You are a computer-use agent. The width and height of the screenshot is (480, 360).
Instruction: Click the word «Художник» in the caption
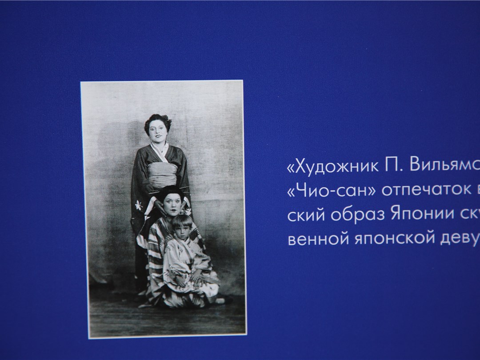(332, 167)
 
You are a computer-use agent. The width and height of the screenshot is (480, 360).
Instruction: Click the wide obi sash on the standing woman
(163, 175)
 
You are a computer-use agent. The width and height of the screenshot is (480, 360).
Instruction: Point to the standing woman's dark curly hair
(157, 120)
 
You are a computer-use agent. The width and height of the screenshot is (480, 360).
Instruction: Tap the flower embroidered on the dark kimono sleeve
(140, 205)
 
